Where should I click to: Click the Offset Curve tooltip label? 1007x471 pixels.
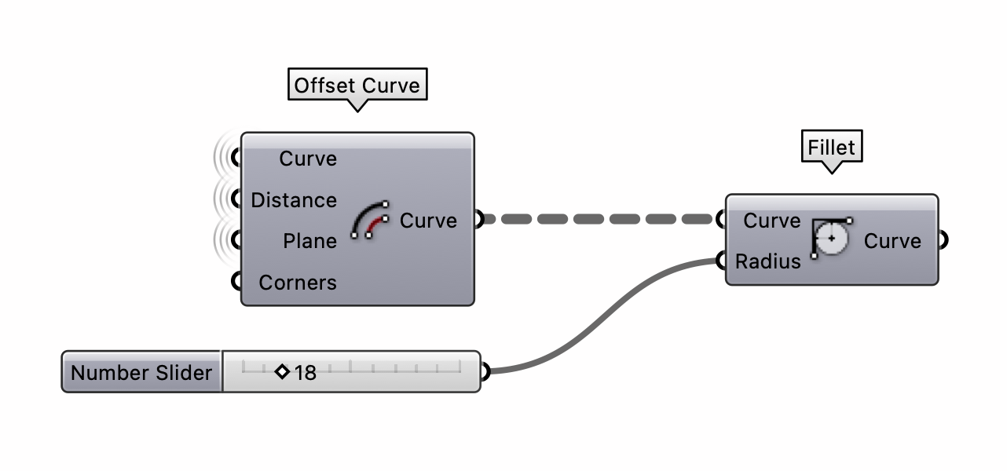(x=357, y=85)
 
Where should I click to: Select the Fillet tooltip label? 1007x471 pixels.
(x=831, y=147)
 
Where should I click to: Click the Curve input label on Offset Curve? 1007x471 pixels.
(x=308, y=159)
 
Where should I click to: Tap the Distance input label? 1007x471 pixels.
(x=294, y=200)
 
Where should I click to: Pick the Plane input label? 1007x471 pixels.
(x=309, y=241)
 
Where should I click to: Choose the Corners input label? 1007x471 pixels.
(x=298, y=283)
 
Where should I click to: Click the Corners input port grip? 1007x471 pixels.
(x=236, y=282)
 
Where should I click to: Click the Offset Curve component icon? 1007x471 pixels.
(x=371, y=221)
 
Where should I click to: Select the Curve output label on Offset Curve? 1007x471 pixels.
(x=428, y=221)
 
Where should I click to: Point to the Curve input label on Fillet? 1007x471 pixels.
(x=771, y=221)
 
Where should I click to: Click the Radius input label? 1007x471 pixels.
(x=767, y=261)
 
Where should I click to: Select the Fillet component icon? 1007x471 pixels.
(x=831, y=239)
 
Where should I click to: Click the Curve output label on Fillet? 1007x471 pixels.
(x=892, y=240)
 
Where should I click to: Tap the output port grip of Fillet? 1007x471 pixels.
(x=943, y=239)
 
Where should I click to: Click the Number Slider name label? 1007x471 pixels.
(x=141, y=372)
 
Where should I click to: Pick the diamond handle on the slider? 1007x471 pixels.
(x=283, y=371)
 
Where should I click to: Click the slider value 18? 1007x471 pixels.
(x=306, y=373)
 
